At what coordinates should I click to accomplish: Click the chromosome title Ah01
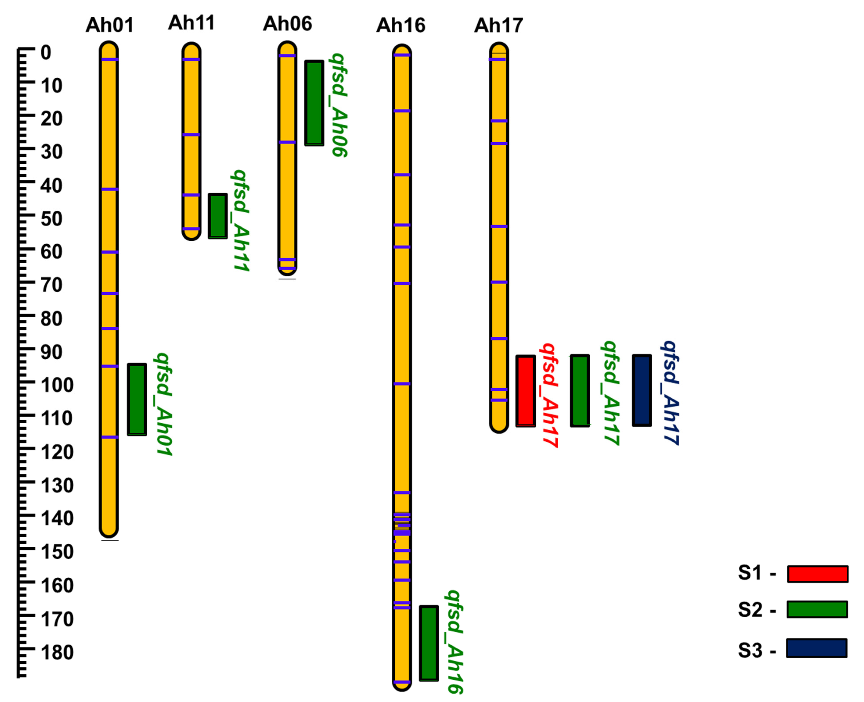pos(109,25)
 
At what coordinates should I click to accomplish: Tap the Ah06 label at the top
pos(287,24)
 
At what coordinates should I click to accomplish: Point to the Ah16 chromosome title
pos(401,25)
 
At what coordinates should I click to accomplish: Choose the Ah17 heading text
pos(499,25)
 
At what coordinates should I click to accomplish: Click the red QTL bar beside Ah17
pos(525,391)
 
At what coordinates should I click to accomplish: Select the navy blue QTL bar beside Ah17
pos(642,390)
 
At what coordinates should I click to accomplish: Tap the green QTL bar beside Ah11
pos(217,216)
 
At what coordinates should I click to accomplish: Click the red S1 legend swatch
pos(817,574)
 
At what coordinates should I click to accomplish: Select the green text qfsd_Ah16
pos(454,642)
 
